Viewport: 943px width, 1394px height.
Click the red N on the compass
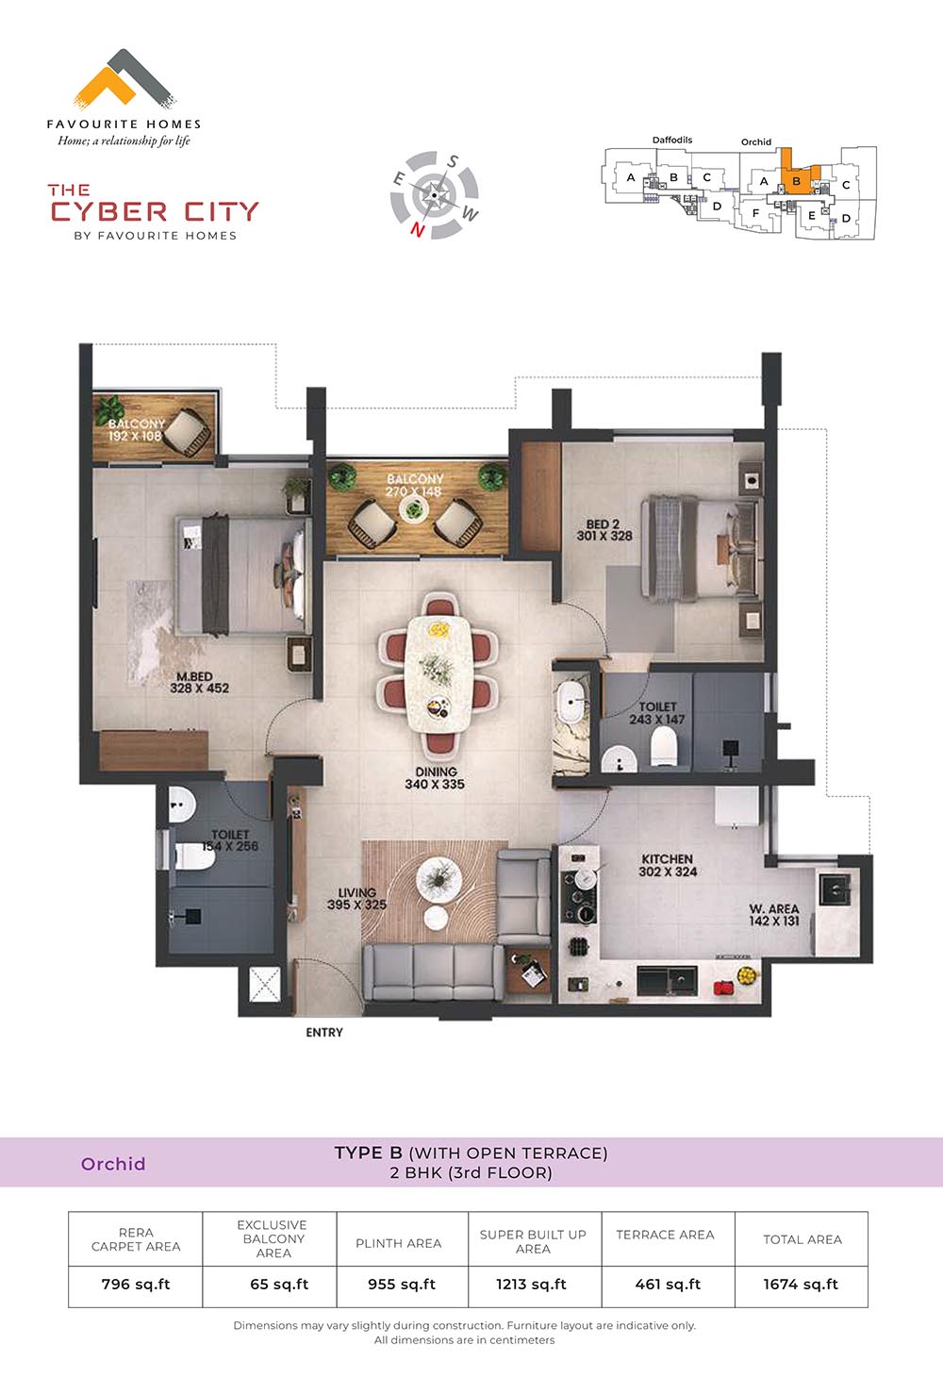(x=418, y=230)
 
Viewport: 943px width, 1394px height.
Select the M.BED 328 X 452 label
(x=199, y=682)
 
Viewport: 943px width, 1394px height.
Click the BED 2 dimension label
(x=604, y=530)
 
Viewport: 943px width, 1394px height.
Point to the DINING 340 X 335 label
(x=435, y=778)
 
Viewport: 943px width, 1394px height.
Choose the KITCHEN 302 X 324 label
(x=668, y=866)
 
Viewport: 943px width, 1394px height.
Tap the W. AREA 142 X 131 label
(x=774, y=915)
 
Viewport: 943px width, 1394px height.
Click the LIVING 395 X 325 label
(x=357, y=899)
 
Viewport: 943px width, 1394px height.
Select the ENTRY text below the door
(x=324, y=1033)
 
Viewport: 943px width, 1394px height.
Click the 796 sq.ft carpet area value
(x=136, y=1284)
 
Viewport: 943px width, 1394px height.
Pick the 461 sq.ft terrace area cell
(x=668, y=1284)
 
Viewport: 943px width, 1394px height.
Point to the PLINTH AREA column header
(x=398, y=1243)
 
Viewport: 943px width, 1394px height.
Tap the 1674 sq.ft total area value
(x=801, y=1284)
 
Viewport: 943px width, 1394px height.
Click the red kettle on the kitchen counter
(x=722, y=987)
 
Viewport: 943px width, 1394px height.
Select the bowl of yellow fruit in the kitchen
(x=748, y=974)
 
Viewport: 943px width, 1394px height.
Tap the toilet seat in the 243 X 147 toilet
(x=663, y=745)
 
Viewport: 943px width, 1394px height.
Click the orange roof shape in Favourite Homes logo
(x=105, y=84)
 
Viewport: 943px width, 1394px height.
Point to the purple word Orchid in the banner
(x=113, y=1164)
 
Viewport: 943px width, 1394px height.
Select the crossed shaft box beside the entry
(x=264, y=985)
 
